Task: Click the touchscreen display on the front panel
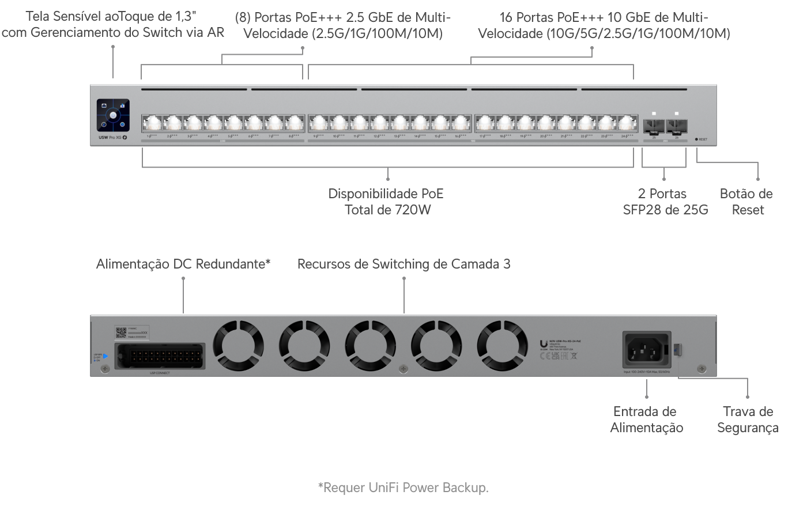tap(113, 115)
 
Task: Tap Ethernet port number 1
tap(152, 123)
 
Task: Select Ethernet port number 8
tap(295, 123)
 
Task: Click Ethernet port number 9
tap(319, 123)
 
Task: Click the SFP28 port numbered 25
tap(654, 126)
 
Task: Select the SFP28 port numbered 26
tap(676, 126)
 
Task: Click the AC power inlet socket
tap(646, 349)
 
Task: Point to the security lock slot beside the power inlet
tap(678, 349)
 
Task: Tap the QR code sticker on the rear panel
tap(121, 333)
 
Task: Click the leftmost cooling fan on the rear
tap(239, 346)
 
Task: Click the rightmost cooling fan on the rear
tap(502, 346)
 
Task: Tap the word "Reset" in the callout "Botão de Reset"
tap(748, 210)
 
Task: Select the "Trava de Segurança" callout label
tap(748, 419)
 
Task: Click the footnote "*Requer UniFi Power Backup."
tap(403, 488)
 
